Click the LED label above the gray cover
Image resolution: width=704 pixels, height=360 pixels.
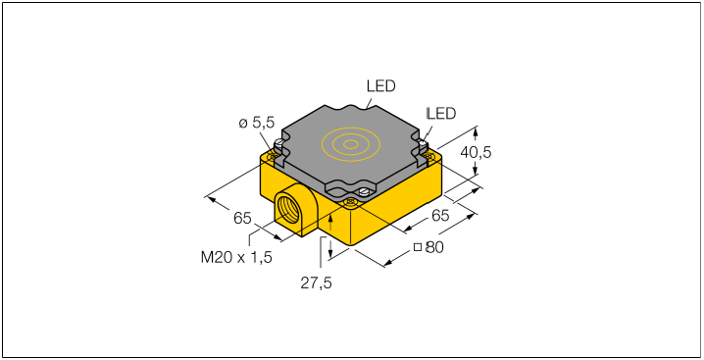tap(380, 86)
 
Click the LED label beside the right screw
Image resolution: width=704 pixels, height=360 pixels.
tap(441, 114)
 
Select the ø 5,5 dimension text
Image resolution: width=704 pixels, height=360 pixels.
tap(256, 123)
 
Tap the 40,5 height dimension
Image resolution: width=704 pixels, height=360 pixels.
tap(476, 153)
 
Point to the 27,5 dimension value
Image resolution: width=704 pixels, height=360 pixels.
tap(316, 283)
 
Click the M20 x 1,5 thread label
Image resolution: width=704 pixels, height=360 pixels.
tap(236, 258)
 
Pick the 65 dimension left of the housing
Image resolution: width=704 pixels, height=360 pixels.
tap(242, 219)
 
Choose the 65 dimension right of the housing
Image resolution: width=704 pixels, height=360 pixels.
tap(440, 216)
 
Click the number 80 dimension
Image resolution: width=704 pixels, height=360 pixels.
tap(434, 247)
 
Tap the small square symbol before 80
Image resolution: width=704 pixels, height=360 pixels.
tap(418, 247)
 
